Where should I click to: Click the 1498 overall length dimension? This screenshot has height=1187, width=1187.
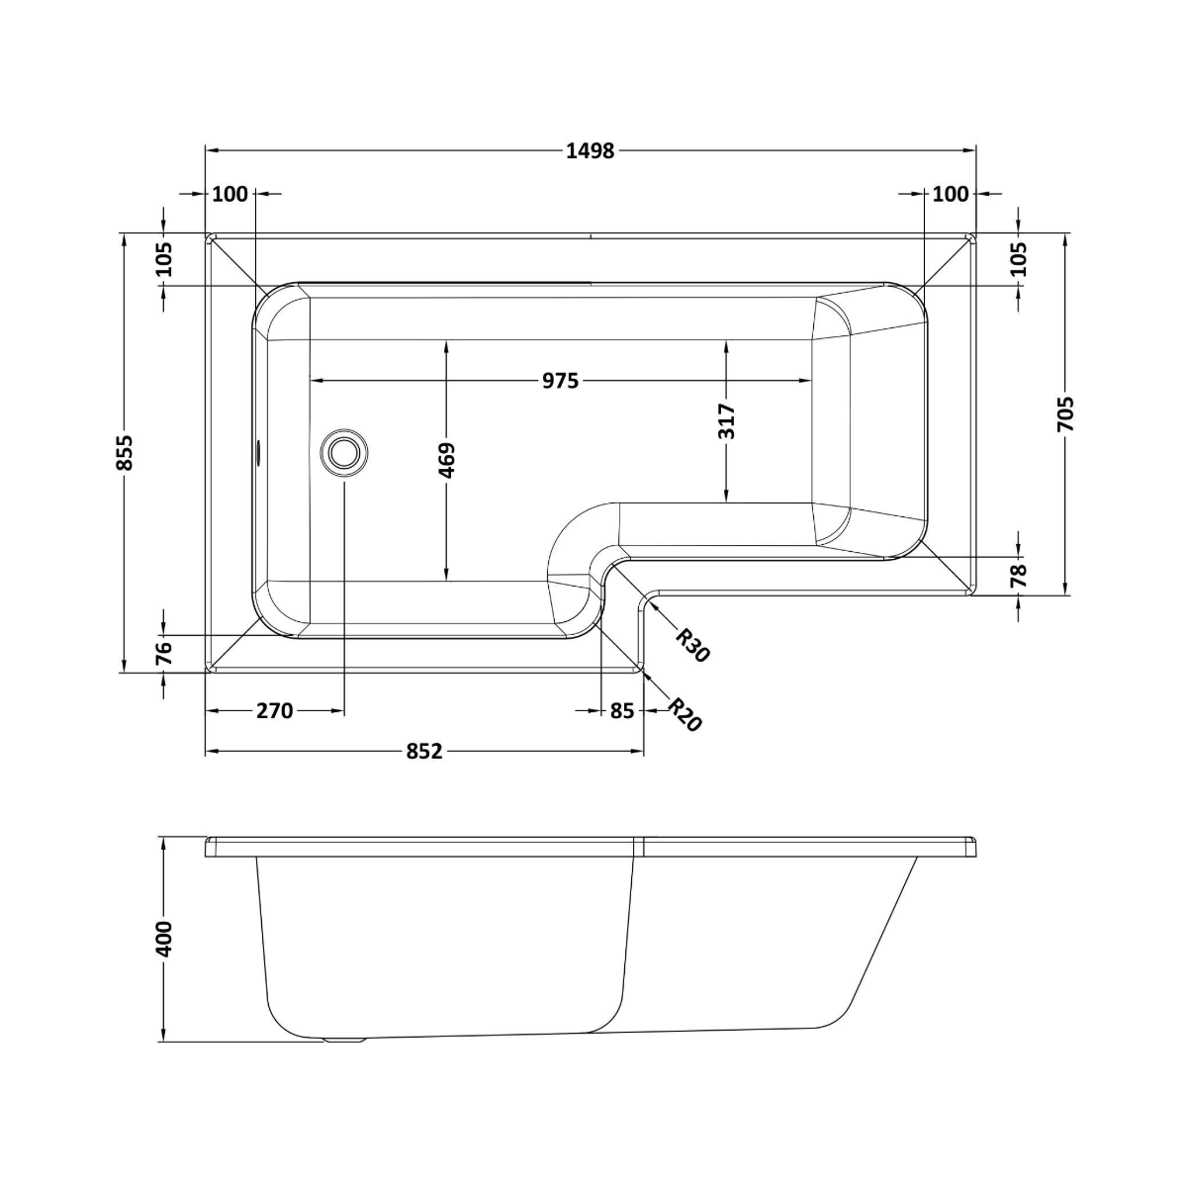click(x=591, y=150)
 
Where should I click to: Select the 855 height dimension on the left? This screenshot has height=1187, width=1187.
click(x=125, y=452)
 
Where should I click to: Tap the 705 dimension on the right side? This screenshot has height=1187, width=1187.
click(x=1064, y=415)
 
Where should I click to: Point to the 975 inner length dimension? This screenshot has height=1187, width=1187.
click(x=560, y=381)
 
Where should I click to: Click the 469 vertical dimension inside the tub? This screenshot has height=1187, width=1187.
click(x=446, y=461)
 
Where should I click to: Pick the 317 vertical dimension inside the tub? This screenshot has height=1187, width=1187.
click(x=727, y=421)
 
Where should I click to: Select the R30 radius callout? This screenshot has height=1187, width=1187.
click(x=693, y=645)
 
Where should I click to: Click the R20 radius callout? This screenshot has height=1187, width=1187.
click(x=684, y=714)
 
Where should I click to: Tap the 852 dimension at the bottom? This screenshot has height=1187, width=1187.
click(x=423, y=752)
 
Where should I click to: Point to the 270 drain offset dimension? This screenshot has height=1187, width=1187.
click(x=274, y=710)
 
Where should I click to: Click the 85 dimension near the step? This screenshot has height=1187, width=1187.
click(x=621, y=710)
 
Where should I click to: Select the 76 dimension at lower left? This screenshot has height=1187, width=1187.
click(x=164, y=652)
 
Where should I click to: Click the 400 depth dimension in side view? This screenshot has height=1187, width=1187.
click(x=163, y=938)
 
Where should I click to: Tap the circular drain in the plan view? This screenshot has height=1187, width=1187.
click(x=344, y=452)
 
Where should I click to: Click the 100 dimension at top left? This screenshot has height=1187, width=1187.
click(x=230, y=194)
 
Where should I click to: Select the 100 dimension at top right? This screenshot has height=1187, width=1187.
click(x=951, y=194)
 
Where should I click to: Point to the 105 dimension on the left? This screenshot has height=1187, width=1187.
click(x=164, y=259)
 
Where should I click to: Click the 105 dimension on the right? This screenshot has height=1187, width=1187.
click(x=1020, y=259)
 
